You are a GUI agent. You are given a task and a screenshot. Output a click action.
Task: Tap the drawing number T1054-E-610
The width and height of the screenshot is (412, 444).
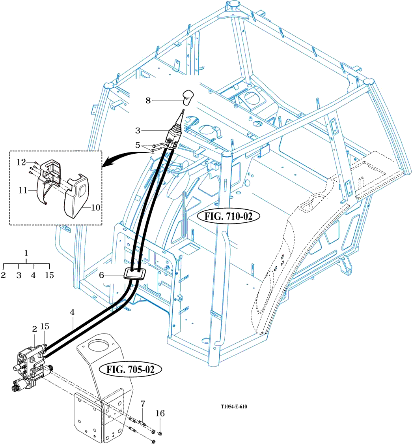point(234,407)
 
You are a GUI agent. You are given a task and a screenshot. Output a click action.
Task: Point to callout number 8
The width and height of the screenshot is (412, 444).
point(148,100)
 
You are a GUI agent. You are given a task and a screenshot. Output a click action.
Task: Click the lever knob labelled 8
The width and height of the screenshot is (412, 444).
point(188,97)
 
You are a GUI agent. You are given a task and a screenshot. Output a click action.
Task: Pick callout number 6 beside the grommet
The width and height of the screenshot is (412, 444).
point(102,275)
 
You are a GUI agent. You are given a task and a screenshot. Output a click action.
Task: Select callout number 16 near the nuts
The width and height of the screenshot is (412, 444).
point(160,414)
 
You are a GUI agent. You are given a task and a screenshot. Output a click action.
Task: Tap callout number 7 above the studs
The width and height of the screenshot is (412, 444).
point(143,404)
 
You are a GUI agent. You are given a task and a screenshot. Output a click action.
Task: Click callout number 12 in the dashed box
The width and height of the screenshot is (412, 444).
point(21,162)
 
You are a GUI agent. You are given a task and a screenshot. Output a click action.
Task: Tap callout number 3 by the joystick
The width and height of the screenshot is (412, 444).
point(138,130)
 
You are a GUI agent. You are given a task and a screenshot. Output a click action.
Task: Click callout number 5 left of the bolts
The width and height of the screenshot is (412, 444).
point(138,145)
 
